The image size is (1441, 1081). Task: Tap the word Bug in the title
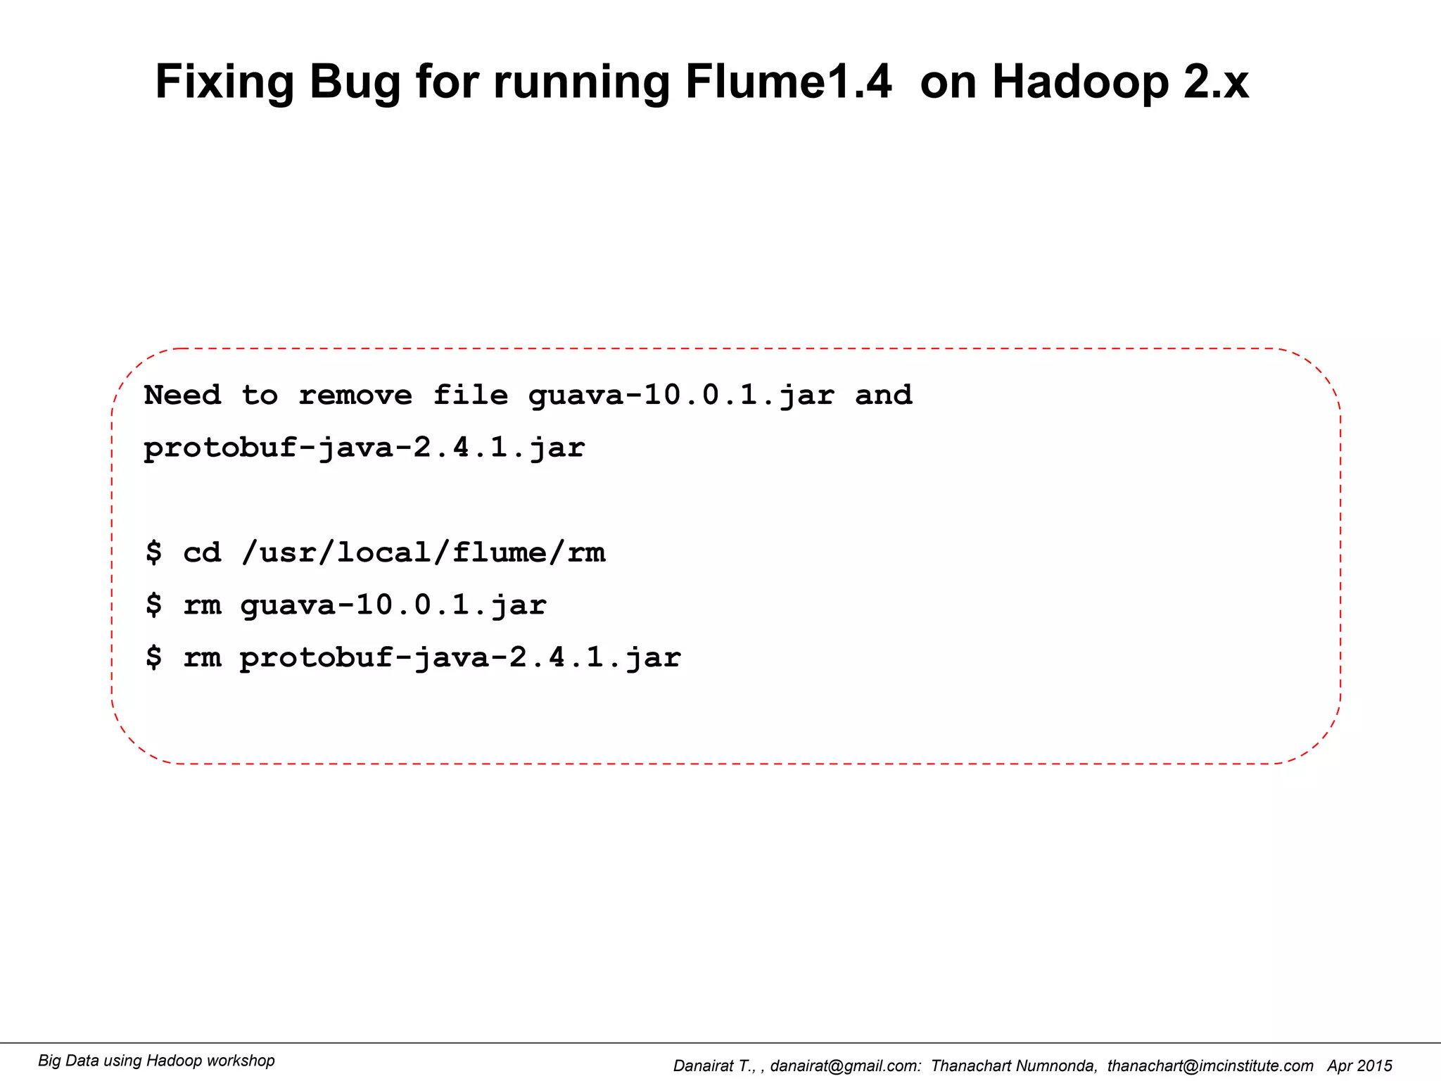coord(354,83)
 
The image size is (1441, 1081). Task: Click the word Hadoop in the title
coord(1080,83)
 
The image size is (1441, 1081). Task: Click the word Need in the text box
coord(182,395)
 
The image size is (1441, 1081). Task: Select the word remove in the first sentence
coord(355,395)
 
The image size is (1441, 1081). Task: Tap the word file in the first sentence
coord(470,395)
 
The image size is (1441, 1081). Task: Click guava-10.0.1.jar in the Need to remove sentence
coord(681,396)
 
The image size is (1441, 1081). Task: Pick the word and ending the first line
coord(883,395)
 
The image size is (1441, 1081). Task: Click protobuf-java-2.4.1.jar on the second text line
coord(364,448)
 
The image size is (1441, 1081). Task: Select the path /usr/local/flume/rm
coord(423,552)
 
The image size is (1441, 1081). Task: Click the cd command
coord(202,552)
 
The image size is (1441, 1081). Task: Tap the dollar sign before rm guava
coord(153,605)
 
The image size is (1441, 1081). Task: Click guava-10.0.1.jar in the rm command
coord(393,606)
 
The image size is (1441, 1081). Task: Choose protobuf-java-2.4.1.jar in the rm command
coord(460,659)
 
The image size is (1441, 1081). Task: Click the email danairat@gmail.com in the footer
coord(845,1066)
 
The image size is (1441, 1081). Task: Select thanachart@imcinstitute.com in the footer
coord(1210,1066)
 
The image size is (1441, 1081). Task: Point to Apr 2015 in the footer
coord(1359,1066)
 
